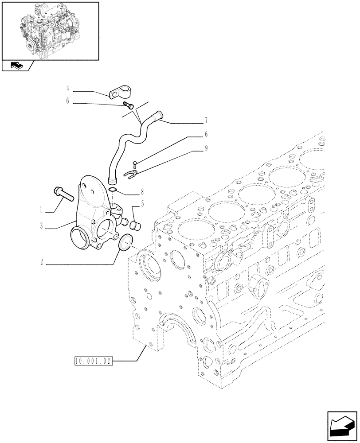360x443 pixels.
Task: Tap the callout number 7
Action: (x=206, y=120)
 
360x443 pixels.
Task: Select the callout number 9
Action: (x=206, y=149)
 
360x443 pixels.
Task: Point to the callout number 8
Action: (x=141, y=193)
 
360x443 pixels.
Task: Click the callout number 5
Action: (x=141, y=204)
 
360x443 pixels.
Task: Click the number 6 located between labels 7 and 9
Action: (x=206, y=134)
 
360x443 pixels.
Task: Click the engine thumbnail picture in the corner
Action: (x=50, y=31)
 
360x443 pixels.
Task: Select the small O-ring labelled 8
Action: (x=113, y=190)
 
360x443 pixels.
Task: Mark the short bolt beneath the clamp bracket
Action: (x=129, y=105)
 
